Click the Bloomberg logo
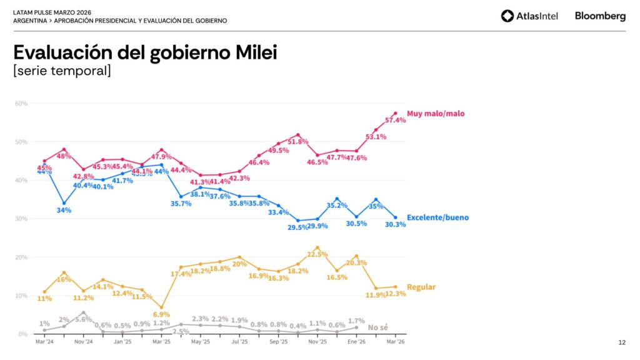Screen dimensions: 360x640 600,16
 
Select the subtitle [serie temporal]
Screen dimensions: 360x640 62,71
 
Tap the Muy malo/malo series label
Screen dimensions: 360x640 436,114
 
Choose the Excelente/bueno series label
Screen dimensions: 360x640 437,217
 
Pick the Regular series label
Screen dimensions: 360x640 421,287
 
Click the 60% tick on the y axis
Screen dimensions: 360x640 21,103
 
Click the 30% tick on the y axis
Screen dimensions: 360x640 21,219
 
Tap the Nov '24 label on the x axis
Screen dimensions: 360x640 83,342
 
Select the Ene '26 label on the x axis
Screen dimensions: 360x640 356,342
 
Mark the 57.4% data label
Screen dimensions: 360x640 395,120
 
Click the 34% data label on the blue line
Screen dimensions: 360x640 64,210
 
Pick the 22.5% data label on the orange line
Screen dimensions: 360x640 317,254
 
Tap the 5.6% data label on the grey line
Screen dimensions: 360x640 83,319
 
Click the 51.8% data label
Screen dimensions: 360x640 298,142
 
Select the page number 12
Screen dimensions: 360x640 622,342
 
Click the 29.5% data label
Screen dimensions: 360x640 298,227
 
